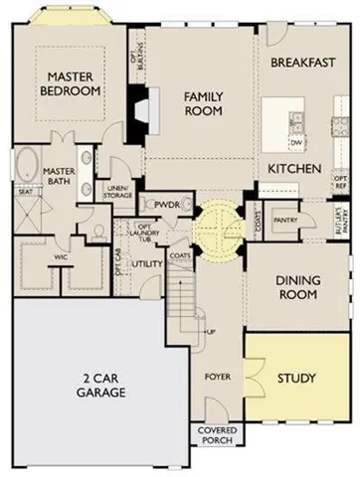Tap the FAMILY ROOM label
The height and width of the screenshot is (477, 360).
point(206,103)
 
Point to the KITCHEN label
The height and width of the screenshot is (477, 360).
point(294,170)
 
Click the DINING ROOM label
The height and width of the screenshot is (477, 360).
point(296,287)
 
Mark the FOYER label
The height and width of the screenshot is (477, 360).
point(217,378)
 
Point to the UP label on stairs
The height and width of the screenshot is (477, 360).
point(212,331)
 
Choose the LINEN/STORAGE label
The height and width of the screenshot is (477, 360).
point(118,192)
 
